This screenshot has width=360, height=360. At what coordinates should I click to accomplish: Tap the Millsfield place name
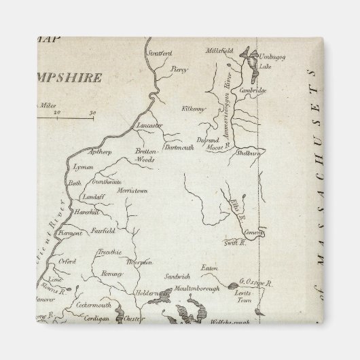[221, 50]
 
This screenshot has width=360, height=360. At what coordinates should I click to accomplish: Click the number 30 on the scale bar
[92, 112]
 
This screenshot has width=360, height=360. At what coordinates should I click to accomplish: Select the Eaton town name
[207, 268]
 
